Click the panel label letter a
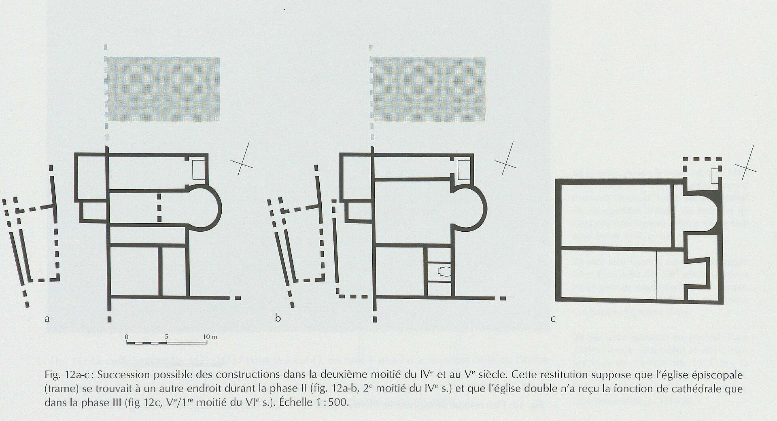47,319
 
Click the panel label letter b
278,318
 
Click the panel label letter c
553,319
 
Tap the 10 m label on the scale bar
210,336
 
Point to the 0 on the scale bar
127,336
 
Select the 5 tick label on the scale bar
166,336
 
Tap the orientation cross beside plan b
506,161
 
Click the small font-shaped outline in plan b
442,271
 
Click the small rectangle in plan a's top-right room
199,170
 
